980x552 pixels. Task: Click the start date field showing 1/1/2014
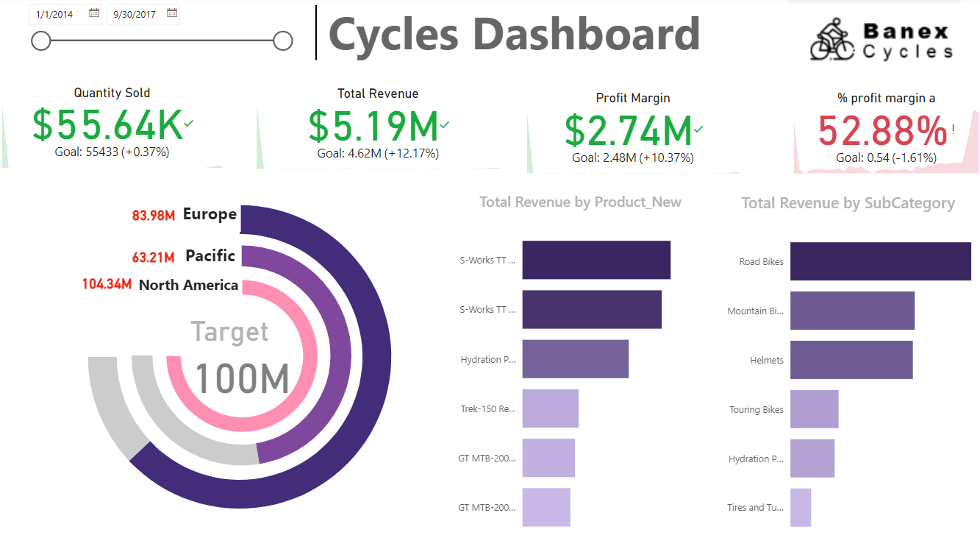(x=55, y=14)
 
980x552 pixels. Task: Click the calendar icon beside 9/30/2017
(x=172, y=13)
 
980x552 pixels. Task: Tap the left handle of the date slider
(x=41, y=41)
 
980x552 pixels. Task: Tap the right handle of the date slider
(x=283, y=41)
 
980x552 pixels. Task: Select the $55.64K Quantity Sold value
(x=107, y=125)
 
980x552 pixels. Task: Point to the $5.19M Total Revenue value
(x=373, y=126)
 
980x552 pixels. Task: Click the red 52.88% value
(x=881, y=131)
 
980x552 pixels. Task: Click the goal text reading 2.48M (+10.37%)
(x=633, y=158)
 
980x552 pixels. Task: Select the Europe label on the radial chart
(x=210, y=214)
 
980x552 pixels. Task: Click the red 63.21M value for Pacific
(x=154, y=258)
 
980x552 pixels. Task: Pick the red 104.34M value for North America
(x=107, y=285)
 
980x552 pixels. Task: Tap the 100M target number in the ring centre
(x=242, y=378)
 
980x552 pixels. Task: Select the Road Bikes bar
(x=880, y=261)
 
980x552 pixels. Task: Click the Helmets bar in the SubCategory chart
(x=851, y=360)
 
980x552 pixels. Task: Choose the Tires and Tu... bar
(x=801, y=508)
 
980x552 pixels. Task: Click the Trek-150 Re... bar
(x=550, y=408)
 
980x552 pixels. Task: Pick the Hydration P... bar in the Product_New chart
(x=575, y=359)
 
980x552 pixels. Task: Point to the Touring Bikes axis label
(x=757, y=410)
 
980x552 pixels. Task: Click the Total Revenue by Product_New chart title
(x=580, y=202)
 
